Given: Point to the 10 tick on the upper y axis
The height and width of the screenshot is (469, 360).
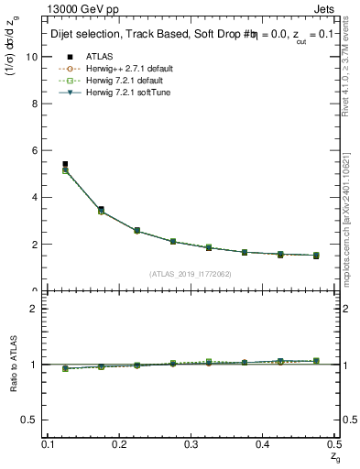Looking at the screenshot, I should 34,56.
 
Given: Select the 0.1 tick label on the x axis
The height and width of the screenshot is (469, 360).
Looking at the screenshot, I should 49,444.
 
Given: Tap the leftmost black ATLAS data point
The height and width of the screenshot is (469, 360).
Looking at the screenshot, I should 64,164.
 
